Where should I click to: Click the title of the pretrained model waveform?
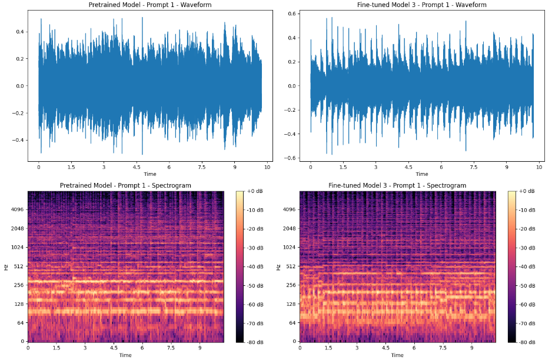150,5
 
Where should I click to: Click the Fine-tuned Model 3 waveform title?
422,5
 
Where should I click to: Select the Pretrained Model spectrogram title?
125,185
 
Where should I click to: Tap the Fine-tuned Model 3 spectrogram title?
397,185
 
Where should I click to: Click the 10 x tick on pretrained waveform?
267,168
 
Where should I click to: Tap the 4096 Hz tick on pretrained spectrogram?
16,209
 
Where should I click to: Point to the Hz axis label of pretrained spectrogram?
6,266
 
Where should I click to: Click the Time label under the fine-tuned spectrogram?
397,355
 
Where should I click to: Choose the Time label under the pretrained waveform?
150,174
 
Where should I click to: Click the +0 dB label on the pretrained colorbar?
254,192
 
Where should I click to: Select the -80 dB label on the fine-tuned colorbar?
527,342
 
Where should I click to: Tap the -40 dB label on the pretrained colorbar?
255,266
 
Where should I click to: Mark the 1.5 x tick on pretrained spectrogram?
56,348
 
